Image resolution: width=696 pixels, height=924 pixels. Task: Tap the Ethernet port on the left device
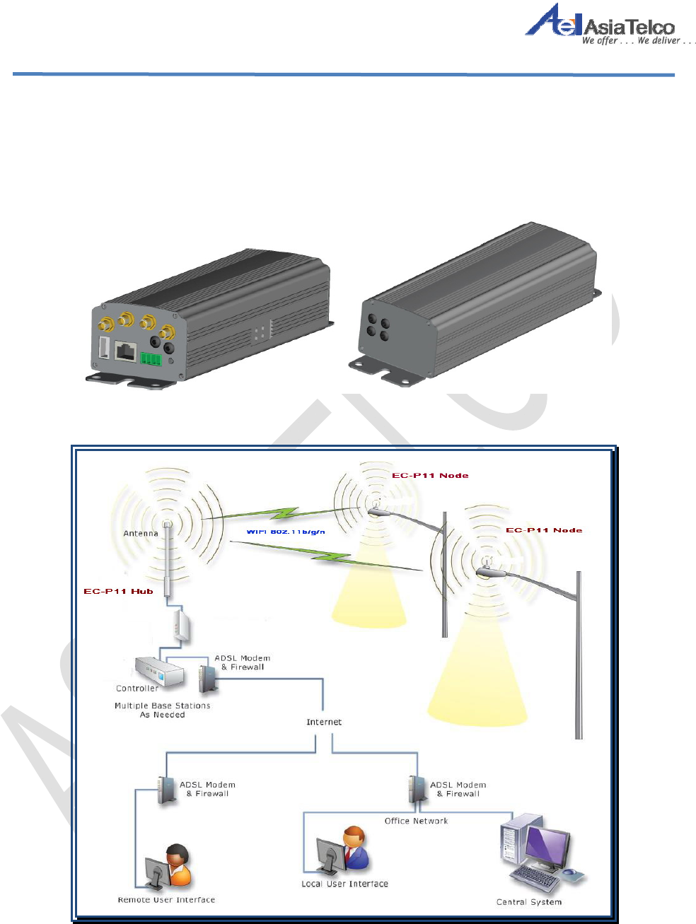[125, 351]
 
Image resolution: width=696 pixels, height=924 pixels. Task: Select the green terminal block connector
[151, 358]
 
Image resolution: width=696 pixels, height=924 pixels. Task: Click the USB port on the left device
[103, 348]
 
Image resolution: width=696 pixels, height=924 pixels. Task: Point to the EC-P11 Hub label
[118, 591]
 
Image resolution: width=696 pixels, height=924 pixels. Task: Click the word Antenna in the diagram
[141, 533]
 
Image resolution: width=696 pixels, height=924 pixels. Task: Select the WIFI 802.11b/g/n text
[286, 531]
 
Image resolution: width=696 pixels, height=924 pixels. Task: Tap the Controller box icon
[161, 672]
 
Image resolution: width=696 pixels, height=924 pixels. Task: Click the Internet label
[324, 722]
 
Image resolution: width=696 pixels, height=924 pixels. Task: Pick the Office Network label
[416, 821]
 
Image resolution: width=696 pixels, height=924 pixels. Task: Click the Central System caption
[529, 901]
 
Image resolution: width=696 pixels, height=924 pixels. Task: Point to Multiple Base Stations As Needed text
[163, 710]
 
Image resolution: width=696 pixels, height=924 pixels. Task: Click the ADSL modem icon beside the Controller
[207, 678]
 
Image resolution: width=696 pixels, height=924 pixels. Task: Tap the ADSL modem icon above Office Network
[417, 789]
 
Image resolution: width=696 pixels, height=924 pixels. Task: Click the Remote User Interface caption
[166, 899]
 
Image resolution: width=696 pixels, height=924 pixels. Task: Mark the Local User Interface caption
[344, 884]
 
